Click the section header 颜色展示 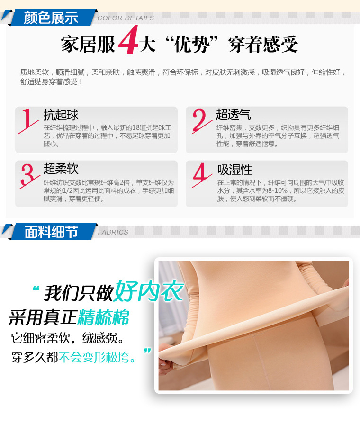51,18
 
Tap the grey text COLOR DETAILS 126,18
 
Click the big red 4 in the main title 127,43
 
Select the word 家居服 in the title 88,45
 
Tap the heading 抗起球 61,115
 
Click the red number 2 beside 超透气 201,120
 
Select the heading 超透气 233,115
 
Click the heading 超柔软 61,169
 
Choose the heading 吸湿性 234,169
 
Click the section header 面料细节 51,232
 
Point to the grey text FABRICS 113,232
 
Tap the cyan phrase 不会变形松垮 97,357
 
